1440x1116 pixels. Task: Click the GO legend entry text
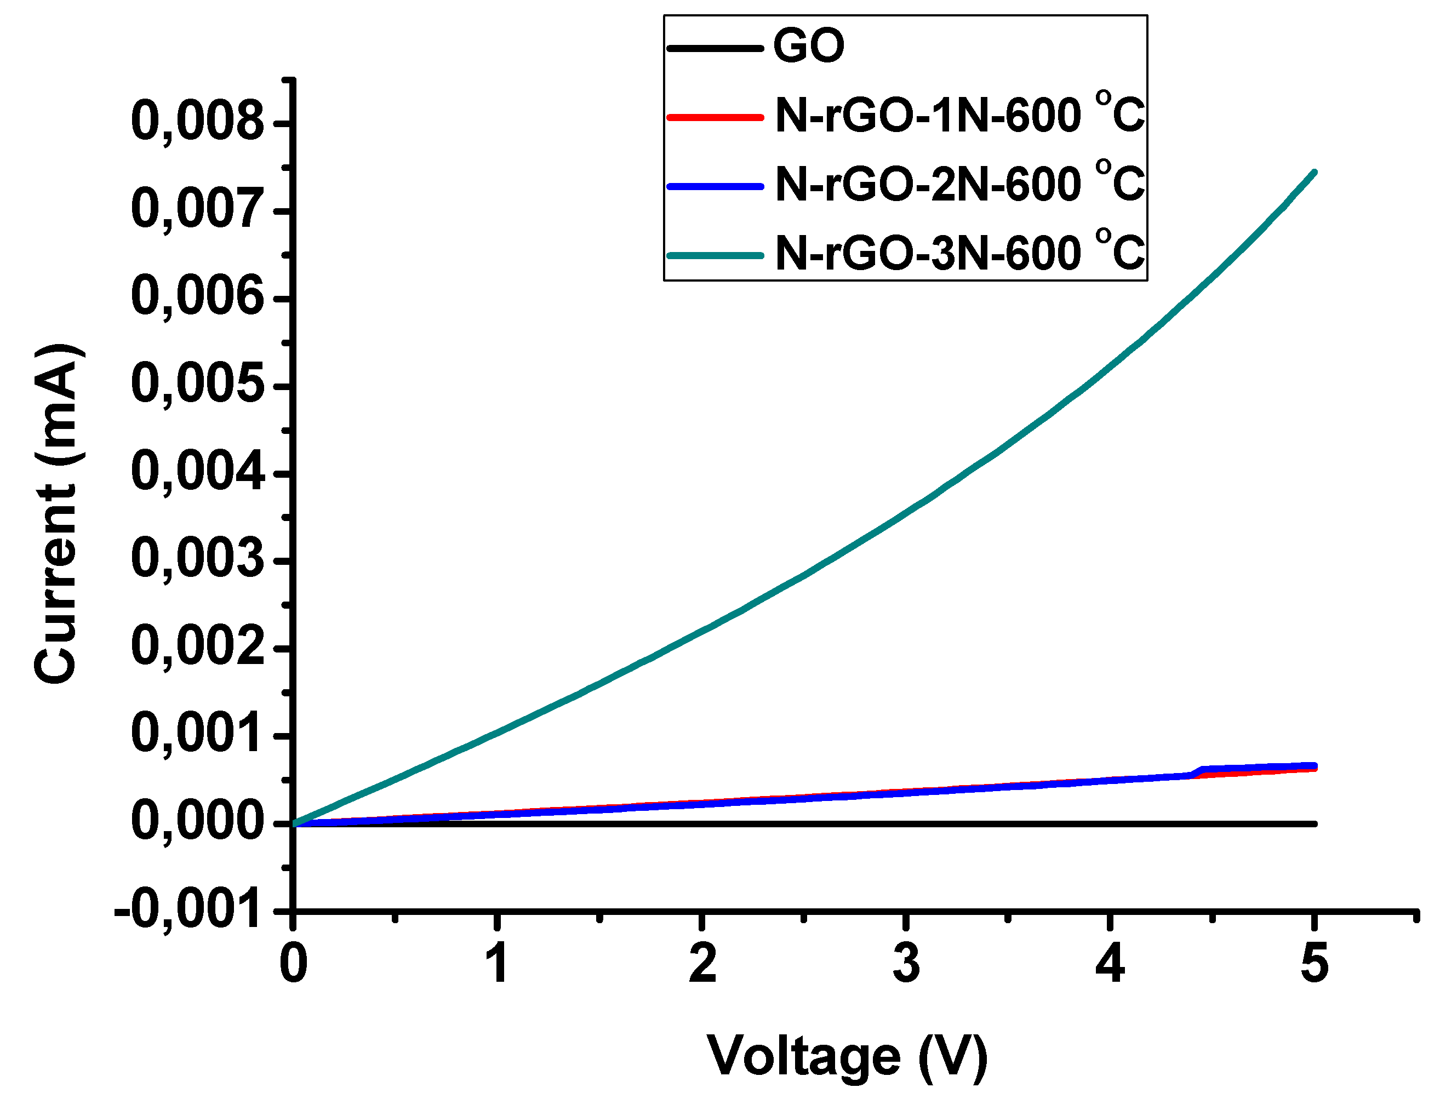pyautogui.click(x=808, y=46)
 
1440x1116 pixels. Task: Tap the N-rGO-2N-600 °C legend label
pyautogui.click(x=959, y=184)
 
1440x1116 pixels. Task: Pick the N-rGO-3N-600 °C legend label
pyautogui.click(x=959, y=253)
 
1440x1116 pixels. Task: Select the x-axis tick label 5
pyautogui.click(x=1314, y=963)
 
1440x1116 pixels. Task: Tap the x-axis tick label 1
pyautogui.click(x=496, y=963)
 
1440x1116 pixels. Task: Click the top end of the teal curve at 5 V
pyautogui.click(x=1315, y=172)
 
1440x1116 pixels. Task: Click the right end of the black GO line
pyautogui.click(x=1315, y=824)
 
